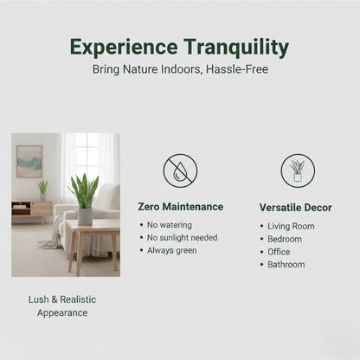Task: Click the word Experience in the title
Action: point(124,47)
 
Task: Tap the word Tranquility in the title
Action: point(236,48)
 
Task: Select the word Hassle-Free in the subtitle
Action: point(237,69)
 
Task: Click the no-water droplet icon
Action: point(180,170)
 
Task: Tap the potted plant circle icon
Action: point(298,170)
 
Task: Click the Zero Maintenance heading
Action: point(181,207)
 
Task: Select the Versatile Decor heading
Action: point(295,208)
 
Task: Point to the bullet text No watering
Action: point(170,225)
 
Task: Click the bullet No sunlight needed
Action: point(183,238)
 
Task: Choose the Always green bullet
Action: point(172,250)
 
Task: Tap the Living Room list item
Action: point(291,226)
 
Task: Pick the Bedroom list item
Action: point(285,239)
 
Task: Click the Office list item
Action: point(279,252)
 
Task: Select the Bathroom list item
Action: point(286,264)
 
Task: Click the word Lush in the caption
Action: point(39,299)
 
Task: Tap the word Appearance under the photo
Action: point(62,312)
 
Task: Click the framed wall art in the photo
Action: point(29,161)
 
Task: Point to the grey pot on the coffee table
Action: point(85,216)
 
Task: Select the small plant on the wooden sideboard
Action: point(42,190)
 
